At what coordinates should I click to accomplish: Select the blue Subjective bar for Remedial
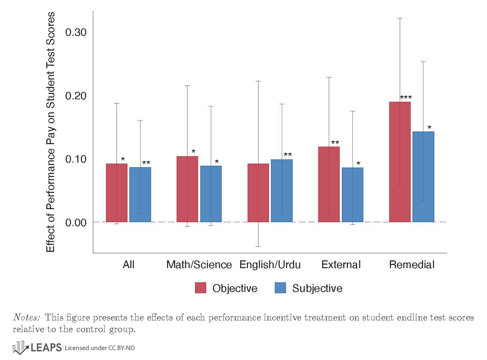coord(423,177)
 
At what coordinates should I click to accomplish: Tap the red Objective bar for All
coord(117,193)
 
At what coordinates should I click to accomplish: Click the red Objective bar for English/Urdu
coord(258,193)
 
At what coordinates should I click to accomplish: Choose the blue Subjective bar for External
coord(352,195)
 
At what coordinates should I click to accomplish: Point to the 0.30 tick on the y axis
coord(76,32)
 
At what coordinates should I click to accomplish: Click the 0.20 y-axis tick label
coord(76,96)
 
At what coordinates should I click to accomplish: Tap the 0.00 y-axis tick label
coord(76,223)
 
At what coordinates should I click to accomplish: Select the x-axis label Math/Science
coord(199,265)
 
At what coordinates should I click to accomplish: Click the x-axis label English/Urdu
coord(270,265)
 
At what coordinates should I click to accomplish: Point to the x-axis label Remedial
coord(411,265)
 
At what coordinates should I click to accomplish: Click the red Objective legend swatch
coord(201,288)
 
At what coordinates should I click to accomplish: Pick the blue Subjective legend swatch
coord(280,288)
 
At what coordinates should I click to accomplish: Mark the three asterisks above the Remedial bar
coord(406,98)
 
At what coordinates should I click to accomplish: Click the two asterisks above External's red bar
coord(335,143)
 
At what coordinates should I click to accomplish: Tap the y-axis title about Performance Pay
coord(51,132)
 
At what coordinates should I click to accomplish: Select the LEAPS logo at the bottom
coord(37,348)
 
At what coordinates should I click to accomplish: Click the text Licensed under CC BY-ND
coord(100,348)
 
